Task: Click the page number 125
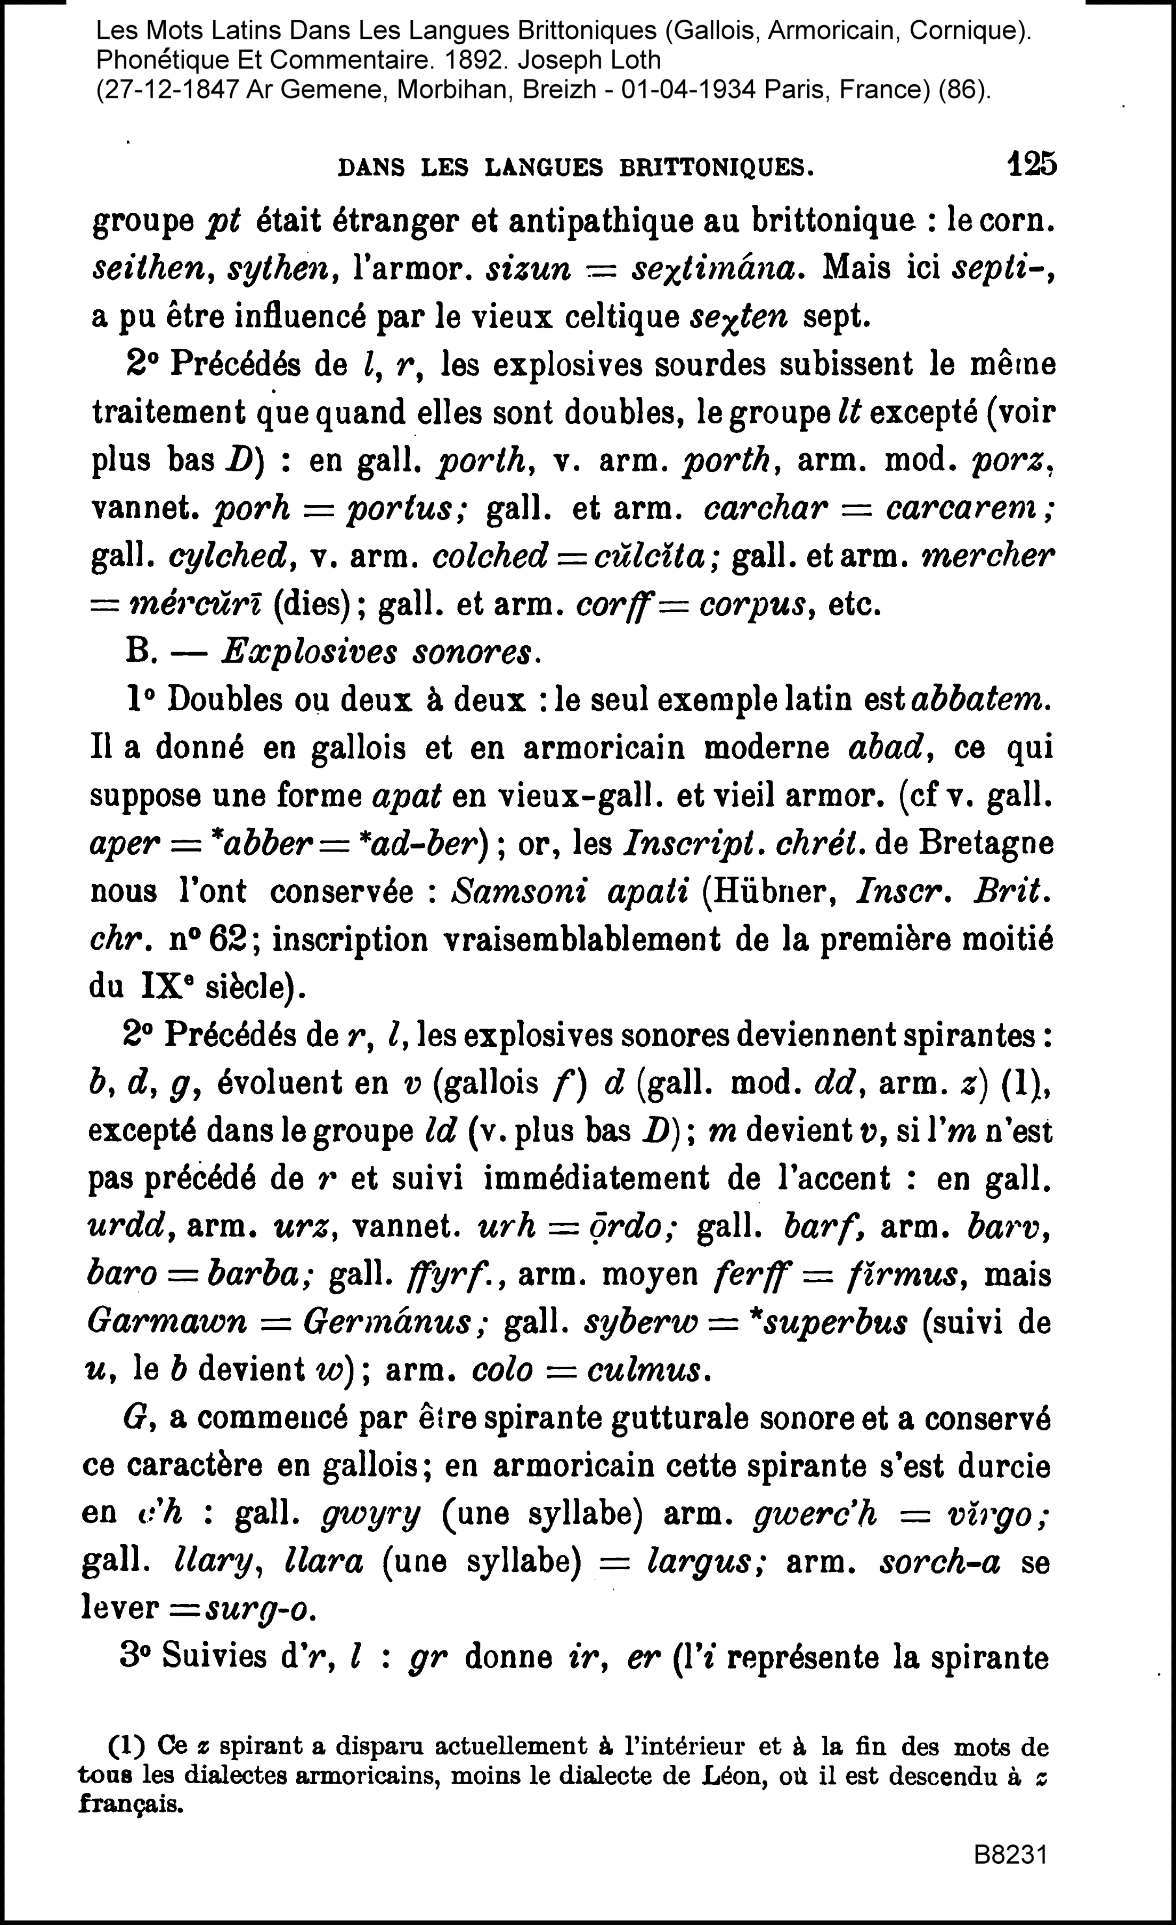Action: [1032, 164]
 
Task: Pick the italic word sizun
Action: [528, 269]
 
